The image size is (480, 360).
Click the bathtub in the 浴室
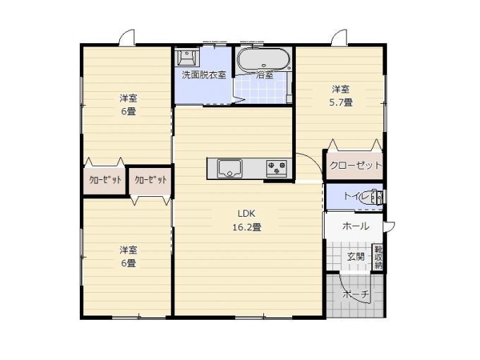pyautogui.click(x=263, y=60)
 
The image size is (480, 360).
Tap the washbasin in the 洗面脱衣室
pyautogui.click(x=186, y=56)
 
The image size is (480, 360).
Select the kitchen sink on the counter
pyautogui.click(x=229, y=169)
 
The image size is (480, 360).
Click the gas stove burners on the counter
pyautogui.click(x=277, y=168)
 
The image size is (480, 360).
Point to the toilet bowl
pyautogui.click(x=373, y=198)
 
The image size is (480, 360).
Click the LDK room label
pyautogui.click(x=246, y=213)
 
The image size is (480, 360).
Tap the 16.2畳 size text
pyautogui.click(x=247, y=227)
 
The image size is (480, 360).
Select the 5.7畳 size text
pyautogui.click(x=341, y=102)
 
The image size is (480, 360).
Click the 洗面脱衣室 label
pyautogui.click(x=204, y=75)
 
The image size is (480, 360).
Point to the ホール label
pyautogui.click(x=355, y=226)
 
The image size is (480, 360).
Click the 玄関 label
pyautogui.click(x=356, y=256)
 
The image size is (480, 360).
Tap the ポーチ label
pyautogui.click(x=356, y=294)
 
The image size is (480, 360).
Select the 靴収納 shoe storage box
pyautogui.click(x=378, y=257)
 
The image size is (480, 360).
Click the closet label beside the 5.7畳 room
pyautogui.click(x=356, y=165)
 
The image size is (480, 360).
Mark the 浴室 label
pyautogui.click(x=265, y=75)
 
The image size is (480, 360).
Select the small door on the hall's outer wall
pyautogui.click(x=390, y=227)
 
